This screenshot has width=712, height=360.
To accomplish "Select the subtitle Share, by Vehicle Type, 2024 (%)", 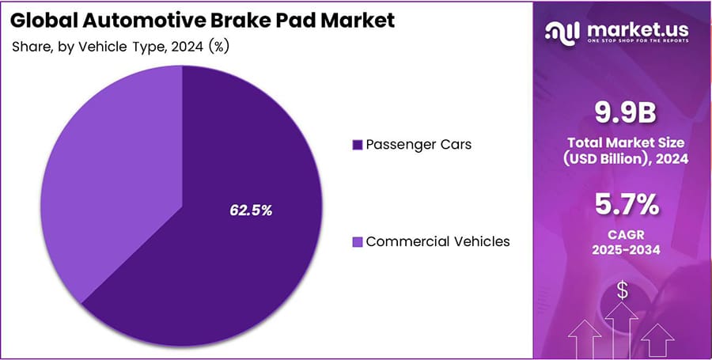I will click(x=121, y=46).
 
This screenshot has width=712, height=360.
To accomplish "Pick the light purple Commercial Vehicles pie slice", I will click(x=103, y=174).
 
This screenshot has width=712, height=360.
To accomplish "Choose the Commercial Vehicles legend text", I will click(x=437, y=241).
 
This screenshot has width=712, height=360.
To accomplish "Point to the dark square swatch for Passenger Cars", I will click(x=358, y=145).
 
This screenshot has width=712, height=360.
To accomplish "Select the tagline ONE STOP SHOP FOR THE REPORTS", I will click(x=638, y=44).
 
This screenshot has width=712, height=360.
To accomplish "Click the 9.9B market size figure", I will click(x=626, y=114).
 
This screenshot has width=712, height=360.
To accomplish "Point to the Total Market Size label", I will click(x=626, y=143).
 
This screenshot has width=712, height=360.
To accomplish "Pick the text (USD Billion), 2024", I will click(x=626, y=159).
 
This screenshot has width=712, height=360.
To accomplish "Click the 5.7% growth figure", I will click(x=626, y=205).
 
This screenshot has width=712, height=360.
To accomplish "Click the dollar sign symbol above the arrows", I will click(x=623, y=290).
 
